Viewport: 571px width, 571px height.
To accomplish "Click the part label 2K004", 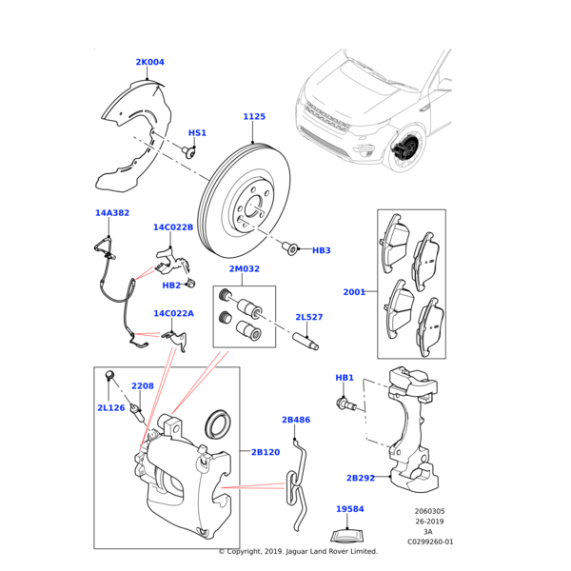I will pyautogui.click(x=149, y=63).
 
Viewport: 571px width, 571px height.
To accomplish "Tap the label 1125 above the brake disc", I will pyautogui.click(x=254, y=117).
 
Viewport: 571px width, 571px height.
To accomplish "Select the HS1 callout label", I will pyautogui.click(x=197, y=133).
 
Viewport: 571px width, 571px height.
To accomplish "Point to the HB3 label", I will pyautogui.click(x=322, y=250).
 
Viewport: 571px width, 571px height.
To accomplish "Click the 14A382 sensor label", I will pyautogui.click(x=111, y=213).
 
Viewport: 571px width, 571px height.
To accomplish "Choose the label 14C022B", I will pyautogui.click(x=173, y=227).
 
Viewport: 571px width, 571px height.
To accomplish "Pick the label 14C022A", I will pyautogui.click(x=173, y=313).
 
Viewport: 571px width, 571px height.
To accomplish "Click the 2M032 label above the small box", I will pyautogui.click(x=244, y=269).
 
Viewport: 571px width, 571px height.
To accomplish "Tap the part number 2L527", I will pyautogui.click(x=308, y=317).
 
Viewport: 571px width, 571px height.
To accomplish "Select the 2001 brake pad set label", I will pyautogui.click(x=354, y=292).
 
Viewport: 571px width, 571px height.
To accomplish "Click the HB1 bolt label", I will pyautogui.click(x=345, y=378).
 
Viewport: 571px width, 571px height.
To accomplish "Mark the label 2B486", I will pyautogui.click(x=296, y=420).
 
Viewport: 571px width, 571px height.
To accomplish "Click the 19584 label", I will pyautogui.click(x=350, y=509).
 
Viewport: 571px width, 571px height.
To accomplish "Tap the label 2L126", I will pyautogui.click(x=110, y=408).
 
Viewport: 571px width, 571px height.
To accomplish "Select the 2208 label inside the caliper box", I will pyautogui.click(x=143, y=386).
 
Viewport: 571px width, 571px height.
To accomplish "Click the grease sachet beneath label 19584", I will pyautogui.click(x=350, y=534).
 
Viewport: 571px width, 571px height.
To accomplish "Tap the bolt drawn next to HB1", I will pyautogui.click(x=348, y=405).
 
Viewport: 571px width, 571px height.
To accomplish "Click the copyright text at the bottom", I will pyautogui.click(x=298, y=551).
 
